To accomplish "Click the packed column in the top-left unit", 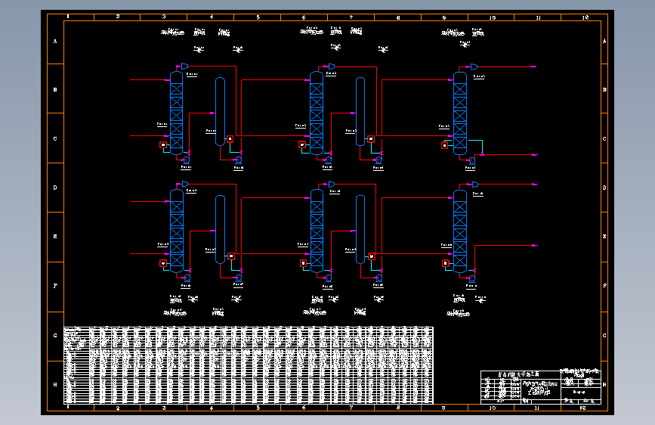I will point(176,113).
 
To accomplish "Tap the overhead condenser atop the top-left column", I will point(184,67).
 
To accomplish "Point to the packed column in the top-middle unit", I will point(317,113).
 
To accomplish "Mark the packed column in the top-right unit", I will point(459,113).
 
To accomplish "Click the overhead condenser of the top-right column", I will point(473,67).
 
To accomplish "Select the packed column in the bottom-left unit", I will point(176,231).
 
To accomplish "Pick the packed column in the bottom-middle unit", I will point(317,231).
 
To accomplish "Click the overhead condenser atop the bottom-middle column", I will point(331,185).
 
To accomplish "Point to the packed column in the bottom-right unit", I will point(459,231).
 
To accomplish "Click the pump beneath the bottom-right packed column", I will point(471,278).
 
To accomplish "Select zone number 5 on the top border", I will point(258,16).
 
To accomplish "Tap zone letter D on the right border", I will point(604,188).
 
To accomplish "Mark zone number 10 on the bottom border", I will point(492,408).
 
